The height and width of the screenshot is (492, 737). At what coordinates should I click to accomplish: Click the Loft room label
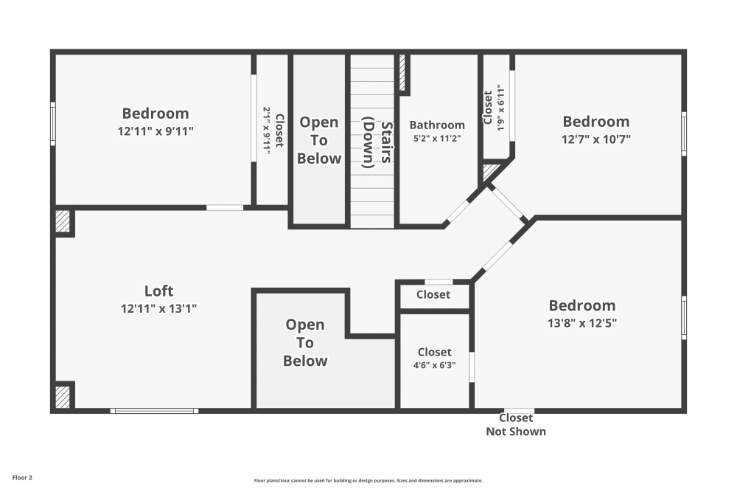point(158,291)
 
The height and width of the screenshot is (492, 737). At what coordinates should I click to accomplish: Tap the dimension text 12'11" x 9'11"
point(156,131)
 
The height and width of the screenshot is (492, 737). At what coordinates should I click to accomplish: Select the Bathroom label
point(437,125)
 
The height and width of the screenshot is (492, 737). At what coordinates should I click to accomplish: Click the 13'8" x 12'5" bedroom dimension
point(582,322)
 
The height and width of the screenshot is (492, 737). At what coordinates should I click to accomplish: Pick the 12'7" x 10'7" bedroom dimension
point(596,139)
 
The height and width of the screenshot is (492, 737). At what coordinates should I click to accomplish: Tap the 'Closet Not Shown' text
point(516,425)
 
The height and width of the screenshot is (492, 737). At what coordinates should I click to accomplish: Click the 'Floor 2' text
point(22,478)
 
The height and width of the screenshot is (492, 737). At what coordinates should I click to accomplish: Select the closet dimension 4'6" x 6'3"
point(434,365)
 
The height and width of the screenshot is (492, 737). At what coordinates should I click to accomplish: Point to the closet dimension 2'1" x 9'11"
point(267,131)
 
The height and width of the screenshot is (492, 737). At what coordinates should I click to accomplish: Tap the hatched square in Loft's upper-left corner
point(63,222)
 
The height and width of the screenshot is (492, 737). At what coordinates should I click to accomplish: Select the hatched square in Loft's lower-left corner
point(63,397)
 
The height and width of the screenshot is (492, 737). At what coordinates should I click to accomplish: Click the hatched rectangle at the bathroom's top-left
point(402,73)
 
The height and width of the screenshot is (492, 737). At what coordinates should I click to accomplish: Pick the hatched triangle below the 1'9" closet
point(489,173)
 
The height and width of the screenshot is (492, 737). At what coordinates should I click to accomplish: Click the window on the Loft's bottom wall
point(154,410)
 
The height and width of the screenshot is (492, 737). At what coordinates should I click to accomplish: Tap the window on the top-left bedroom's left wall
point(53,123)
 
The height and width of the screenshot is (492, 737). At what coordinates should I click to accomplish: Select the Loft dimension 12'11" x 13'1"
point(158,308)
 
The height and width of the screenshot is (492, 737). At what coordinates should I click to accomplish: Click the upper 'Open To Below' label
point(319,140)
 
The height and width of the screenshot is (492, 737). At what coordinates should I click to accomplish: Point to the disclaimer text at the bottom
point(368,480)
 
